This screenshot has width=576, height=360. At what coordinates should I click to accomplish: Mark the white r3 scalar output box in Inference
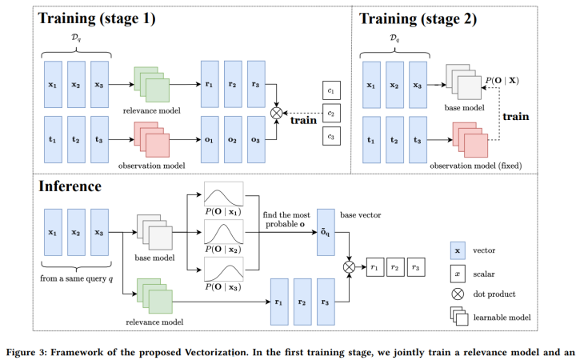tap(417, 265)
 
